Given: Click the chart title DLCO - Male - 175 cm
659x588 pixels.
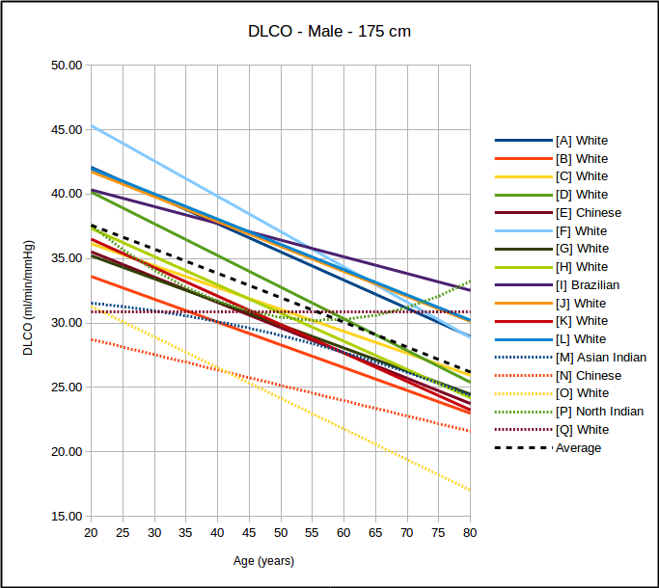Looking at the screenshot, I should (329, 31).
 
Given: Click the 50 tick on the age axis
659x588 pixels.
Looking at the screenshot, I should (281, 533).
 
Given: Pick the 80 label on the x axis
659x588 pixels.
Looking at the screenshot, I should (470, 533).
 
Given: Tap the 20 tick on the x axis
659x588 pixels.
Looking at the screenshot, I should (91, 533).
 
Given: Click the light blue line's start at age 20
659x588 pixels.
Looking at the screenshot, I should (92, 125).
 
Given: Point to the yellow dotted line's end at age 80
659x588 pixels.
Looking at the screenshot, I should (470, 491).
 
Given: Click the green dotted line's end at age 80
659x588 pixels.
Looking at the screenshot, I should (470, 281).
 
